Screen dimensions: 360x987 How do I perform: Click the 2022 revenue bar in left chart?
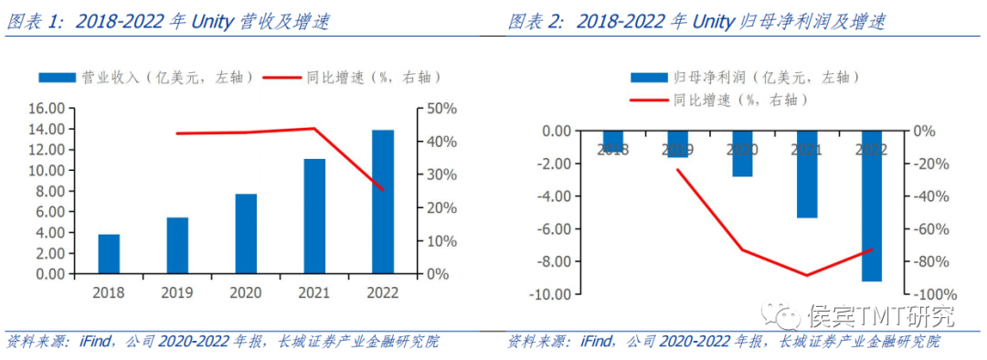point(383,202)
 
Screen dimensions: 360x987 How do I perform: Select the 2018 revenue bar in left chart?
point(109,254)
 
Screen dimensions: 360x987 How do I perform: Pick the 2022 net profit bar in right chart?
point(872,206)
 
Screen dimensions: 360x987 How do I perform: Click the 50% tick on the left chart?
point(442,109)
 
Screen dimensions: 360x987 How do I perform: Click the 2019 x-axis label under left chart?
point(177,293)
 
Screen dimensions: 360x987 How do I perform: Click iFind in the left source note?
point(93,342)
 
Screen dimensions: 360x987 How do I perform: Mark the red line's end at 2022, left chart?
point(384,190)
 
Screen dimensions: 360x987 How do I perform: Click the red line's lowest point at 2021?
point(807,275)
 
